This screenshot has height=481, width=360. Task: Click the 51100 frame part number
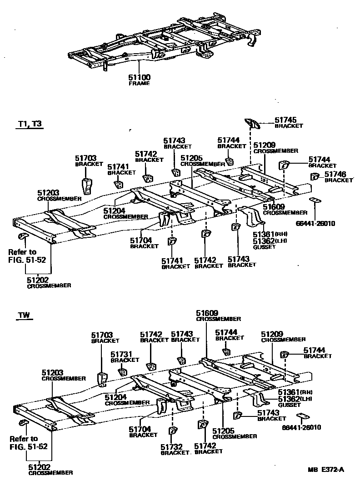coord(140,78)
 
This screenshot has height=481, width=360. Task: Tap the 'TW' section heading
coord(25,315)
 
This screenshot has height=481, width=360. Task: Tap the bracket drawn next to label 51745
coord(252,123)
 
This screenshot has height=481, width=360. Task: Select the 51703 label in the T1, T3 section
coord(86,158)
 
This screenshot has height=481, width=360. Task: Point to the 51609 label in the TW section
coord(207,313)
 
